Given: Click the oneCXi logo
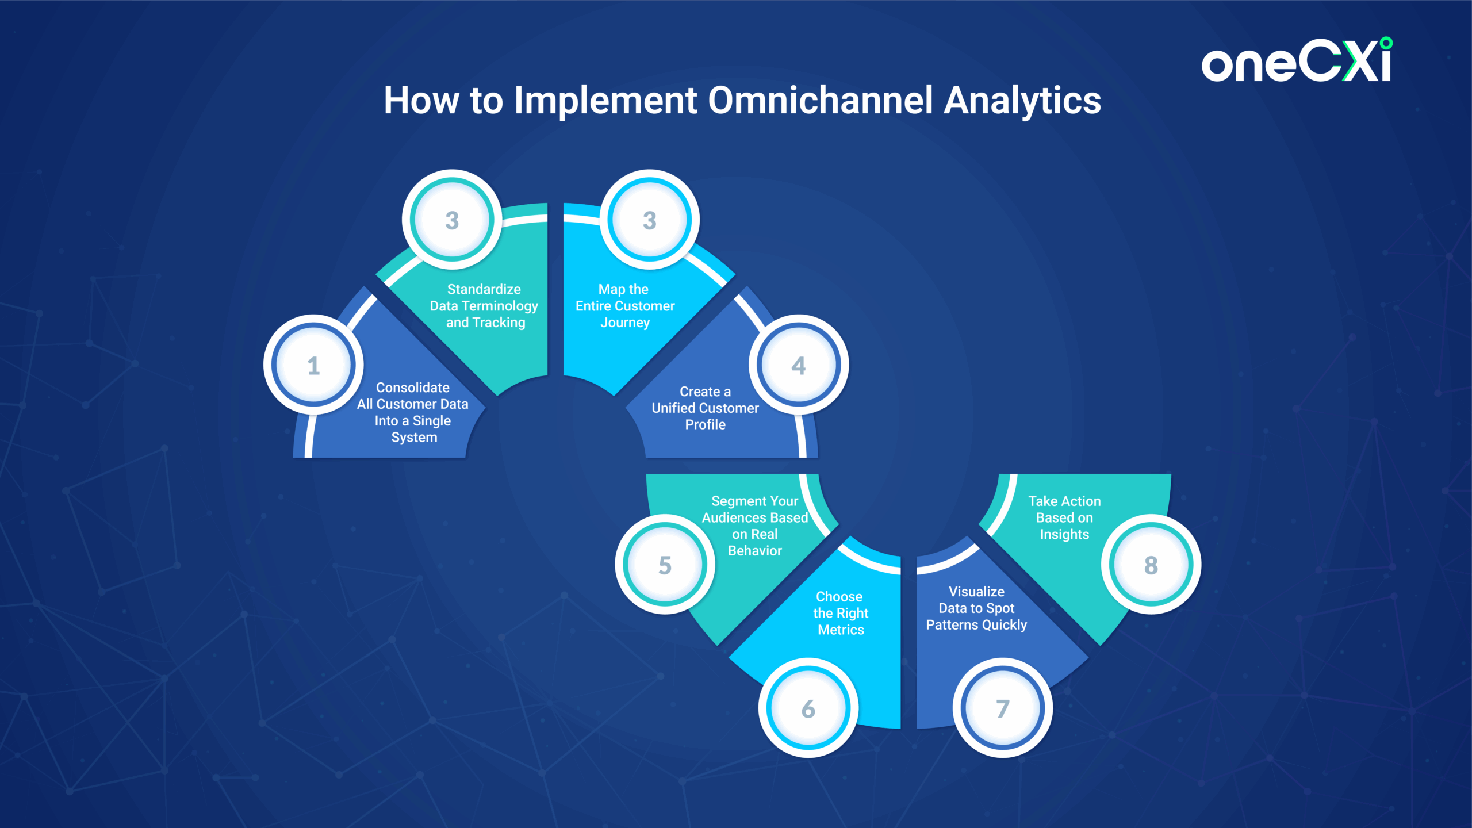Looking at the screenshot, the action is tap(1297, 60).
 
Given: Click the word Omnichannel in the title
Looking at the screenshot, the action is tap(820, 101).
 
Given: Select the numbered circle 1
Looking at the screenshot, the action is tap(313, 365).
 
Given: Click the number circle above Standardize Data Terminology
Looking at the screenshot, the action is tap(452, 219).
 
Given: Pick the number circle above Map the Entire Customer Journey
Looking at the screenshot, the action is tap(650, 219).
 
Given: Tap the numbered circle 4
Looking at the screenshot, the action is tap(799, 365).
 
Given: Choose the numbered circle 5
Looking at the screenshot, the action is tap(665, 564).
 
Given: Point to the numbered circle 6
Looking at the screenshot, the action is tap(808, 708).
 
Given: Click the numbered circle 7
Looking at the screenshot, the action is tap(1003, 708).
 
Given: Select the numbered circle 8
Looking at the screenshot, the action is tap(1151, 564).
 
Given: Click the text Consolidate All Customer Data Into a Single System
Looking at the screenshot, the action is tap(413, 412).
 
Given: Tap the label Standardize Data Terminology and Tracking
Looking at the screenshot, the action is tap(484, 306).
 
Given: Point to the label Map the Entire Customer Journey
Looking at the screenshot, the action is tap(625, 306).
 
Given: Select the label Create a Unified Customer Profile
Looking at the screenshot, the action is tap(706, 408).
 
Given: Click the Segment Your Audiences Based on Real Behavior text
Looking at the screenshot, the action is tap(755, 526).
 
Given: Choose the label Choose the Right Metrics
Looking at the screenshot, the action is tap(841, 613).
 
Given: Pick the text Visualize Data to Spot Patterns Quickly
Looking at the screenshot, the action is tap(976, 608).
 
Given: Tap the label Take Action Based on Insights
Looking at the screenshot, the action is tap(1064, 517).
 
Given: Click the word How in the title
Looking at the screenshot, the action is tap(421, 101).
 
